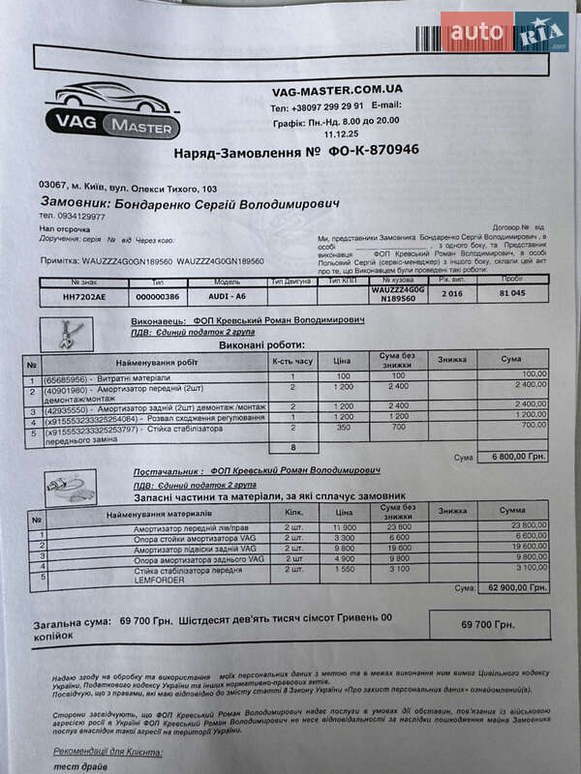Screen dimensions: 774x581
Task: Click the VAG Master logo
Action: (113, 112)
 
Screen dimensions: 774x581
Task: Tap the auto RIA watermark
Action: (505, 32)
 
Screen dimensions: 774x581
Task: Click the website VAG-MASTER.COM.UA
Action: (337, 90)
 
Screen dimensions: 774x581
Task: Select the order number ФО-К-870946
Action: (374, 152)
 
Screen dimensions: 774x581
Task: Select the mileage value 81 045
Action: (512, 293)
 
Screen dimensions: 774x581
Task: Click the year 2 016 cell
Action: (452, 293)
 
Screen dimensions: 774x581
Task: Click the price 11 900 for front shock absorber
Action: (344, 524)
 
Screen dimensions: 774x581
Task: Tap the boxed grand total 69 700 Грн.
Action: (488, 626)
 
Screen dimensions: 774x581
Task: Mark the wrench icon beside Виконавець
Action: (71, 334)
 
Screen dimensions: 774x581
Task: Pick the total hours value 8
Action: (292, 448)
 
